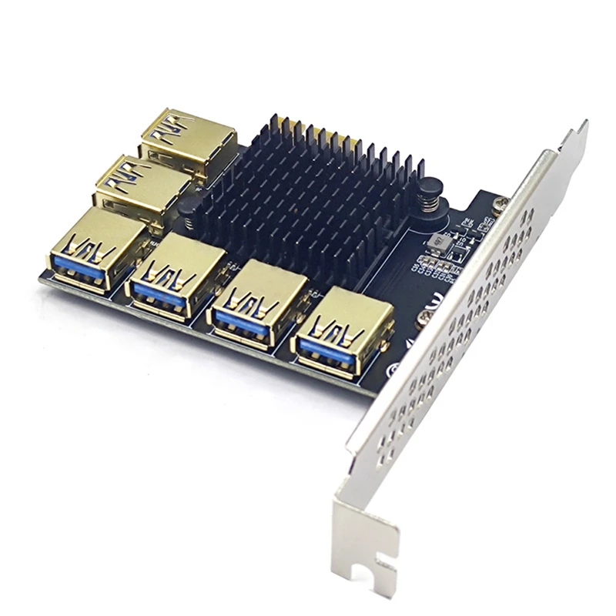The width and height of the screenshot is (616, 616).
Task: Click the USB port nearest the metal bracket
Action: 342,331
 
